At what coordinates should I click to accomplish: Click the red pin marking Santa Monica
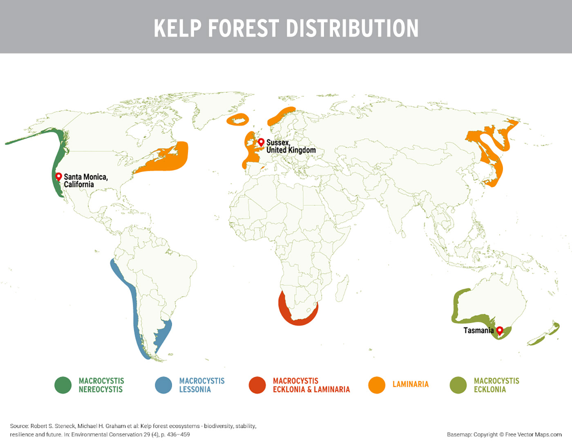[x=58, y=176]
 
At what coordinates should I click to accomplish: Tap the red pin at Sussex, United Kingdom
[x=261, y=142]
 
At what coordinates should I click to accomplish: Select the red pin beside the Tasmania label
[x=499, y=330]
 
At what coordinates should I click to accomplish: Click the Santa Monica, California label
[x=85, y=181]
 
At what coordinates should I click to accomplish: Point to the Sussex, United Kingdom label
[x=290, y=146]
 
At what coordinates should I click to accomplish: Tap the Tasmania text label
[x=478, y=330]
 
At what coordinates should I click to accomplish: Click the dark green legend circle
[x=63, y=385]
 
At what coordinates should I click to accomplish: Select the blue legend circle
[x=163, y=385]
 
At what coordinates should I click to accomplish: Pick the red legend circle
[x=257, y=385]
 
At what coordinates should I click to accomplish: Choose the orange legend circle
[x=377, y=385]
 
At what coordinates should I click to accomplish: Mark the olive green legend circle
[x=458, y=385]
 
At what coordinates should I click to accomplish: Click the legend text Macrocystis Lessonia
[x=201, y=385]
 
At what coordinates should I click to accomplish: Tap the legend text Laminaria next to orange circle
[x=410, y=384]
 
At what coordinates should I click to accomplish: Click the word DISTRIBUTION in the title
[x=352, y=28]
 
